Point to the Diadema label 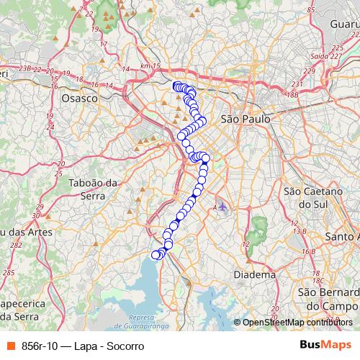(x=255, y=274)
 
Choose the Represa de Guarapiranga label (x=140, y=322)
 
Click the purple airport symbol (x=222, y=207)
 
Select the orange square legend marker (x=9, y=346)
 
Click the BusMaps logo (x=326, y=346)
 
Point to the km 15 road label (x=149, y=66)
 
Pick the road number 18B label (x=292, y=94)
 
